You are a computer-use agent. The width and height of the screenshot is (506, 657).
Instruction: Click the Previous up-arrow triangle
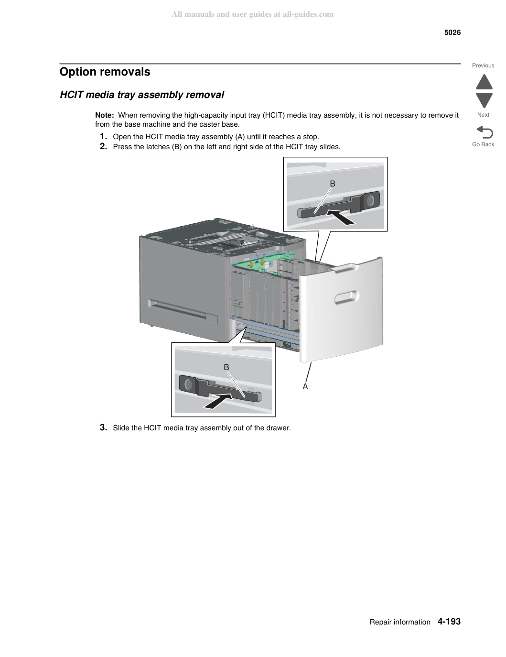point(484,82)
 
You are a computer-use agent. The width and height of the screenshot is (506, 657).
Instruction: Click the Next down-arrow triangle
point(484,100)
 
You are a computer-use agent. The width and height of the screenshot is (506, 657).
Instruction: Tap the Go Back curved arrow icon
point(484,132)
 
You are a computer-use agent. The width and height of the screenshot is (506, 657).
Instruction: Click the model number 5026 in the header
point(452,33)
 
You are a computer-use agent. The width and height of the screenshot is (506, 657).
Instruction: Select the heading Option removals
point(105,72)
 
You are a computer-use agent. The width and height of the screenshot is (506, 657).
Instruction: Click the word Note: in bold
point(105,115)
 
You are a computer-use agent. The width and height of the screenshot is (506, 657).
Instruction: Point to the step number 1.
point(104,136)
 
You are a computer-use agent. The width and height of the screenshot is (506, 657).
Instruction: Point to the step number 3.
point(104,427)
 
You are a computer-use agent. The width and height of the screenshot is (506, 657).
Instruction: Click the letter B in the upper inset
point(333,184)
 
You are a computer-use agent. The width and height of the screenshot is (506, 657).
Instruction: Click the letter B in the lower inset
point(226,367)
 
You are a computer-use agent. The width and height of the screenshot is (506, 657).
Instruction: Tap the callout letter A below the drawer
point(305,386)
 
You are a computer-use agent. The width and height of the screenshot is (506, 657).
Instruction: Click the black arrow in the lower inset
point(218,402)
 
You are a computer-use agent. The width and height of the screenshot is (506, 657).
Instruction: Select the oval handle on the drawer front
point(347,297)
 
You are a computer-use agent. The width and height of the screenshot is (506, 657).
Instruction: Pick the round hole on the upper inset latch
point(370,200)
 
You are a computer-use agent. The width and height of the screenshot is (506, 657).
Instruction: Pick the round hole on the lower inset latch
point(188,384)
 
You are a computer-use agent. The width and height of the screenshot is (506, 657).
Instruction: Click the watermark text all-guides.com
point(308,14)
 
